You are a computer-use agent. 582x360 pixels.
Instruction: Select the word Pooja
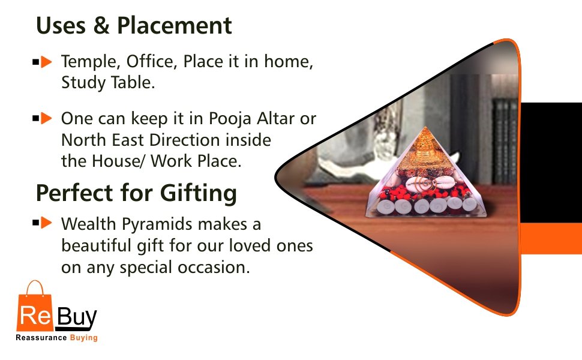(232, 119)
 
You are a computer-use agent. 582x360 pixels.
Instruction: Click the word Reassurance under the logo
(40, 338)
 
